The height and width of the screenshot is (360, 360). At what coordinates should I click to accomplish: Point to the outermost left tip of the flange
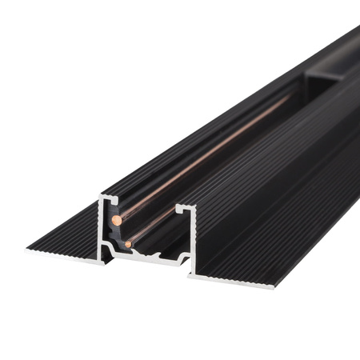[26, 249]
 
